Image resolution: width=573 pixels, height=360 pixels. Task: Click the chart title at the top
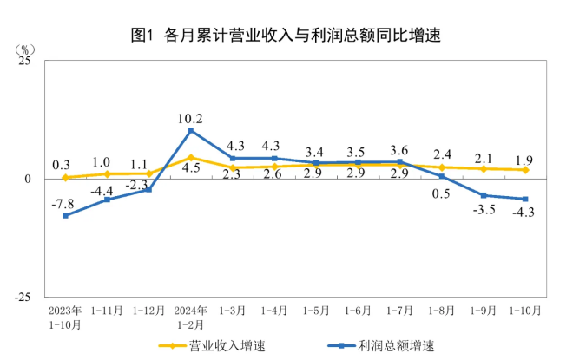[x=286, y=36]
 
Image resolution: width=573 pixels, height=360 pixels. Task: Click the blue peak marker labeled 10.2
[x=190, y=130]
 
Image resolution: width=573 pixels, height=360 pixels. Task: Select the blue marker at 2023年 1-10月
[x=65, y=215]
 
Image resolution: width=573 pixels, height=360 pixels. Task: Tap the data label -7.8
[x=62, y=203]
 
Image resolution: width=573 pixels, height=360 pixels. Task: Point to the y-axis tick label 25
[x=25, y=62]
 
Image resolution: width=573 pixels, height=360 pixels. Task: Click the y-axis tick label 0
[x=29, y=180]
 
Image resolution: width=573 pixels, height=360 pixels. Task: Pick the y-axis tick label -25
[x=23, y=296]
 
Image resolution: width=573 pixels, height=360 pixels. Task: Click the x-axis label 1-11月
[x=107, y=310]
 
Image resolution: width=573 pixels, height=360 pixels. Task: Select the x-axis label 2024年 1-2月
[x=189, y=317]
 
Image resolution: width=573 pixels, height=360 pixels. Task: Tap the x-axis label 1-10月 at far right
[x=524, y=310]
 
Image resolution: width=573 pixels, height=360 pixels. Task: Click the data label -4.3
[x=523, y=213]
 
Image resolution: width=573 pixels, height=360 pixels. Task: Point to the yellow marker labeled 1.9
[x=525, y=170]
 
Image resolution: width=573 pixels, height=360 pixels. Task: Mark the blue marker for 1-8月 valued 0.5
[x=441, y=176]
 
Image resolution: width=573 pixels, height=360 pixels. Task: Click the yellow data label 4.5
[x=191, y=168]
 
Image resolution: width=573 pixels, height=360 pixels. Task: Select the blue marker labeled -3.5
[x=483, y=195]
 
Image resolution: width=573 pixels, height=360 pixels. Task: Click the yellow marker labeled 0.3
[x=65, y=178]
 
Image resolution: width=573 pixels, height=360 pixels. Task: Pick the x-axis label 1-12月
[x=148, y=310]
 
